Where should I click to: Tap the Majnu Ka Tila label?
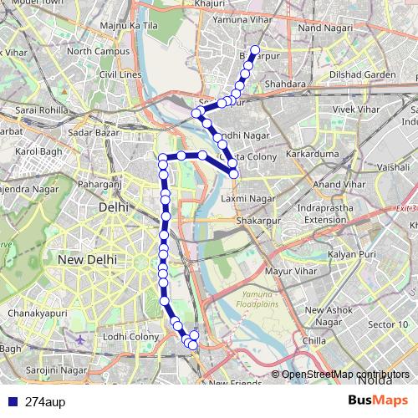pyautogui.click(x=129, y=27)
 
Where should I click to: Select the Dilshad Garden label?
pyautogui.click(x=364, y=74)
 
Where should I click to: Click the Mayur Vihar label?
pyautogui.click(x=288, y=271)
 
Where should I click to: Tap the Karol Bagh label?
pyautogui.click(x=38, y=151)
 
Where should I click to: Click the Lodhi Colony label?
pyautogui.click(x=131, y=336)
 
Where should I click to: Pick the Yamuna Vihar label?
pyautogui.click(x=244, y=18)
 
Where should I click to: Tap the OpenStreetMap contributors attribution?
pyautogui.click(x=345, y=375)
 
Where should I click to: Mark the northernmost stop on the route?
pyautogui.click(x=255, y=48)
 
